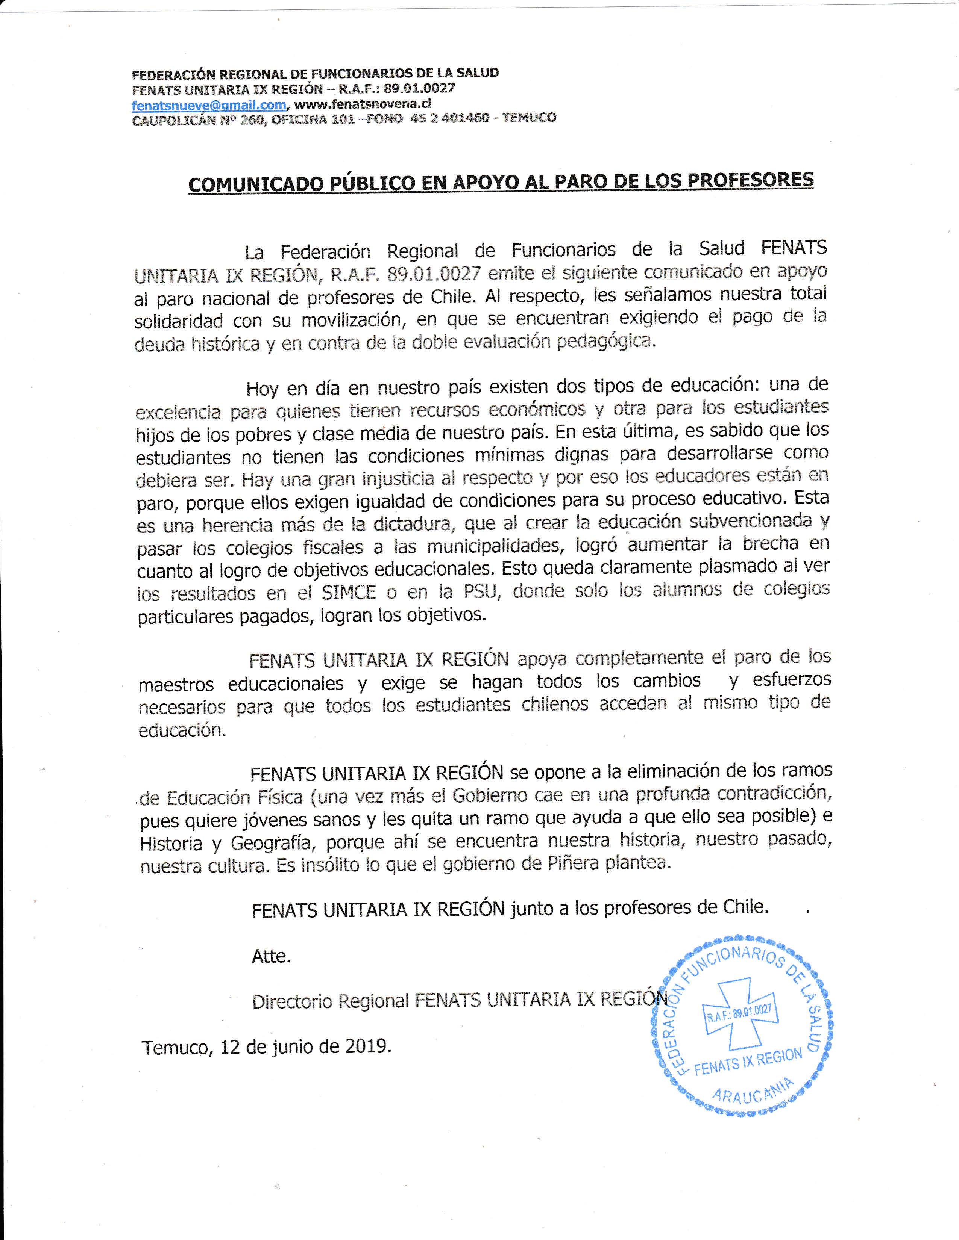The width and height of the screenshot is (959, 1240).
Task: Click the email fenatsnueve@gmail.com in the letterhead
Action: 208,105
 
